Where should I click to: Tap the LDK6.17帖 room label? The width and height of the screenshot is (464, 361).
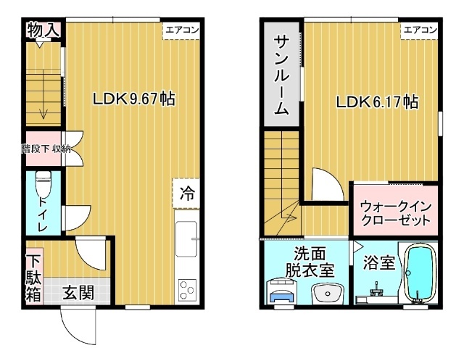376,102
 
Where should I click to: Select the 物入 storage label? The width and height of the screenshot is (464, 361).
43,30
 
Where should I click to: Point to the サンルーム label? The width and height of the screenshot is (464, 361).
282,75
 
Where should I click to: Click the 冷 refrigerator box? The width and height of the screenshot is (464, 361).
187,194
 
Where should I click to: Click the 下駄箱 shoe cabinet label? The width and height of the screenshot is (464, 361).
34,278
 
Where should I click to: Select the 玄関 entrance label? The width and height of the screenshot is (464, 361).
78,293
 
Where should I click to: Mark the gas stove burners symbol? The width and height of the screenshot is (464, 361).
187,289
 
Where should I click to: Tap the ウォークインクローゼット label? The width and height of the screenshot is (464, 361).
395,212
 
